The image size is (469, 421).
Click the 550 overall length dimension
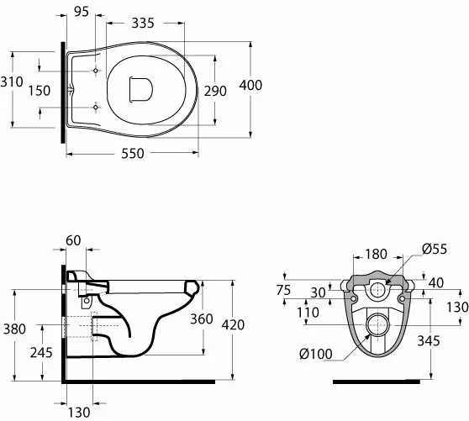click(x=133, y=154)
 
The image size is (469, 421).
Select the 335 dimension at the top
click(x=143, y=23)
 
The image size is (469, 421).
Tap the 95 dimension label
click(x=82, y=12)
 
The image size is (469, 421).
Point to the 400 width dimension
click(x=250, y=85)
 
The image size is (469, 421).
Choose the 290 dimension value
click(x=215, y=91)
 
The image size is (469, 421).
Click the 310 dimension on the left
click(x=12, y=82)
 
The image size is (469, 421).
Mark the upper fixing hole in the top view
click(x=96, y=71)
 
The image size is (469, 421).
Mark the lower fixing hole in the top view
click(x=96, y=107)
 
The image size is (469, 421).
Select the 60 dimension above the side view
click(x=73, y=240)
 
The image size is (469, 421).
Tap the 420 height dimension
click(x=233, y=324)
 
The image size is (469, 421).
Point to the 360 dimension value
click(x=202, y=319)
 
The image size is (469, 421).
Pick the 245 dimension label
click(x=41, y=353)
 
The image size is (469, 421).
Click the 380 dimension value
click(x=14, y=329)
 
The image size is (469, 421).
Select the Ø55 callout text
click(x=435, y=249)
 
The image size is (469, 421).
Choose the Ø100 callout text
click(x=316, y=355)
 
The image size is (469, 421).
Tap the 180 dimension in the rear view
click(x=376, y=254)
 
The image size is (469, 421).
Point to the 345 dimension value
click(x=429, y=341)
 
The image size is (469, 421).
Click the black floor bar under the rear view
click(x=377, y=382)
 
